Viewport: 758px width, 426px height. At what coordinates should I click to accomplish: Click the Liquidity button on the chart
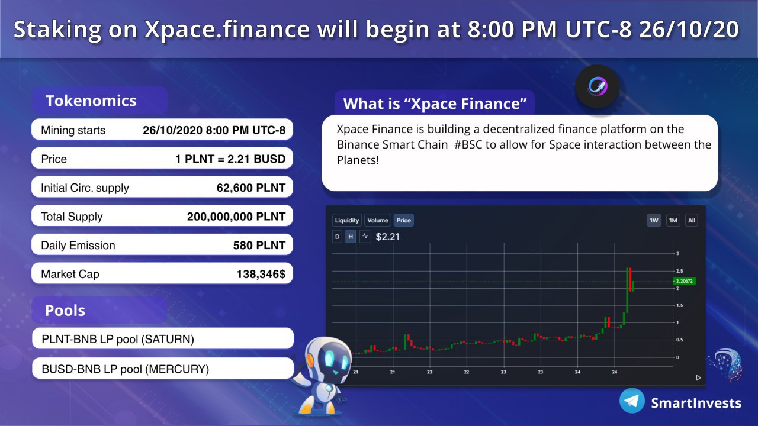347,220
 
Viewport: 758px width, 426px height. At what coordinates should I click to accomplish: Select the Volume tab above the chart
378,220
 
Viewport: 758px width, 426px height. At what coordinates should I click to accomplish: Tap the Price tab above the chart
403,220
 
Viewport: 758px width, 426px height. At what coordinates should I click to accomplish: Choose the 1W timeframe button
654,221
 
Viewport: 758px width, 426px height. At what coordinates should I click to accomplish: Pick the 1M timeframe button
673,221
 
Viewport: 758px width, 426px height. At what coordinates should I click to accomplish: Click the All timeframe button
691,221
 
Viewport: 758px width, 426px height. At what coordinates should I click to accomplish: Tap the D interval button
337,237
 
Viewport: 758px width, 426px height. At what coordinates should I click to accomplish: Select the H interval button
351,237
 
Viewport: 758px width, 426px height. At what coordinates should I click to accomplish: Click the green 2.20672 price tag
684,281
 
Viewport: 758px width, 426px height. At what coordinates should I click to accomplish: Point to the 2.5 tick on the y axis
679,271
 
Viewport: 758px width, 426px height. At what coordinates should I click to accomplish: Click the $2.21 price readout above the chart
388,237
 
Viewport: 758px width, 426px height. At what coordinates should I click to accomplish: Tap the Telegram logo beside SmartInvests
632,401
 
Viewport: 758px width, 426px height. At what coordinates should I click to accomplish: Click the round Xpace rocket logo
598,86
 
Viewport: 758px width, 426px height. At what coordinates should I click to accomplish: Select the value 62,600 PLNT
250,188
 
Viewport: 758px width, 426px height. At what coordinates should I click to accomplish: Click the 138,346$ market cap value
261,274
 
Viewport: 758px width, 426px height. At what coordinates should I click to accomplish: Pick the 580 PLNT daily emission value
259,245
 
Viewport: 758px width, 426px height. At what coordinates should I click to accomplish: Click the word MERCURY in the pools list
177,369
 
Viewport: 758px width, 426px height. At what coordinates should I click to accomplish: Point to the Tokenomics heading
91,101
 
